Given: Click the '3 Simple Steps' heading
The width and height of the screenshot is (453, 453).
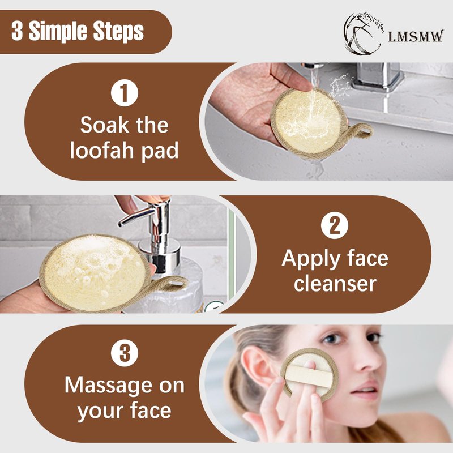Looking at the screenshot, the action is pyautogui.click(x=78, y=31).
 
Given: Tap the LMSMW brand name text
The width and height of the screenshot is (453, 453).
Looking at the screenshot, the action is pyautogui.click(x=415, y=36).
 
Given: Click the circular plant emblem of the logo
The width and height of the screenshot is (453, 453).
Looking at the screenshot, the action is pyautogui.click(x=364, y=33).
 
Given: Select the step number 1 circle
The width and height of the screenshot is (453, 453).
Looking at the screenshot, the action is pyautogui.click(x=125, y=93).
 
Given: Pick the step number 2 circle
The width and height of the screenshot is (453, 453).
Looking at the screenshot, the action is pyautogui.click(x=335, y=225).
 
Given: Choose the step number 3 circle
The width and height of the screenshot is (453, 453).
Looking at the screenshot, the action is pyautogui.click(x=125, y=353).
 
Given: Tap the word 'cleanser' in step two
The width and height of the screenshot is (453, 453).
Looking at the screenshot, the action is pyautogui.click(x=335, y=284).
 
